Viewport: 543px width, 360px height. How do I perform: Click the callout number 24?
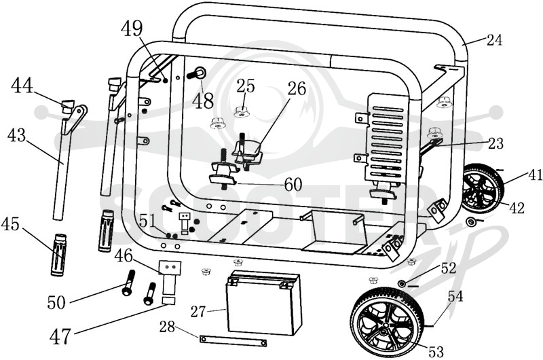point(494,40)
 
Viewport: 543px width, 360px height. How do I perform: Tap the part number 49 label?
point(132,29)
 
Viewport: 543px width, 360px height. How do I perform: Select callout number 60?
point(293,184)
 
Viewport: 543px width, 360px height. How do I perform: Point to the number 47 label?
point(60,336)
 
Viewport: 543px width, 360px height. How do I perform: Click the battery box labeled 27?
point(263,302)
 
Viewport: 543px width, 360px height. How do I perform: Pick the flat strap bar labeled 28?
point(233,340)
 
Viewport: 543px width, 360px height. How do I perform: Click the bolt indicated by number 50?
point(128,283)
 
